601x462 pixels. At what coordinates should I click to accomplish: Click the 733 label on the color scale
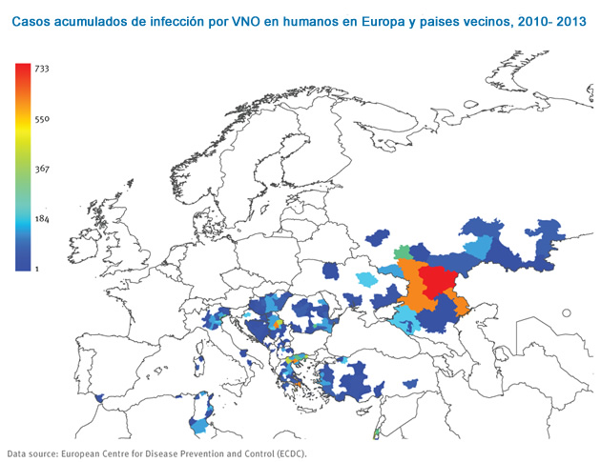pyautogui.click(x=42, y=69)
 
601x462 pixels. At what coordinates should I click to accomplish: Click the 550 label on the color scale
pyautogui.click(x=42, y=119)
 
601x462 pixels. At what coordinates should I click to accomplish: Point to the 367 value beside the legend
pyautogui.click(x=42, y=170)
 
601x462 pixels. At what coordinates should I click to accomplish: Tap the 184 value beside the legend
pyautogui.click(x=42, y=220)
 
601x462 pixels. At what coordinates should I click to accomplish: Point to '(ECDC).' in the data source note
pyautogui.click(x=289, y=453)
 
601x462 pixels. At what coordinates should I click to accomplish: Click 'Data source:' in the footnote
pyautogui.click(x=35, y=453)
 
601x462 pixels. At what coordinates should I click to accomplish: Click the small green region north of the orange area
pyautogui.click(x=404, y=251)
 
